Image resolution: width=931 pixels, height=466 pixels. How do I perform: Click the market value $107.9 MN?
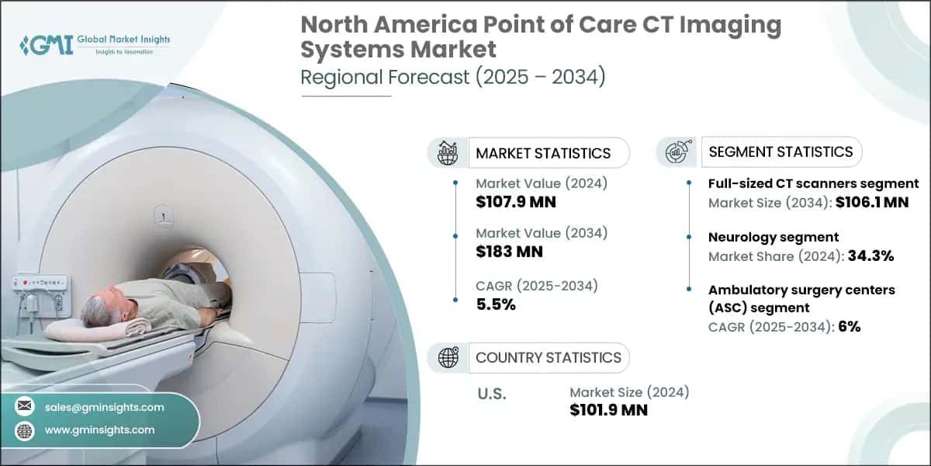(516, 203)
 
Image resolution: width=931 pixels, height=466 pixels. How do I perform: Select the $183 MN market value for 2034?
(509, 251)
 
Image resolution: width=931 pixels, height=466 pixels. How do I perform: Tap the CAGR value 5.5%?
(496, 304)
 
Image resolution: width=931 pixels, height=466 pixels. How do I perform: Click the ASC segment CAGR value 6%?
(849, 327)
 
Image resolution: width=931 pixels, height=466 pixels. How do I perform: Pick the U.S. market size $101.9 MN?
(608, 410)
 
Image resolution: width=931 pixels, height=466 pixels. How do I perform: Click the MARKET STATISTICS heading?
(543, 153)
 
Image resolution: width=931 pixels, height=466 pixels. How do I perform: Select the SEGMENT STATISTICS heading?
(780, 151)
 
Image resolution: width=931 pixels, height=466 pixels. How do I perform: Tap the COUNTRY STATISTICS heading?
(548, 357)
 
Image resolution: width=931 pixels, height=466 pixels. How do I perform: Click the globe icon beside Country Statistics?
(448, 357)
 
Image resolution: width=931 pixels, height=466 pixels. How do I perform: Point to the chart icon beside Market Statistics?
(448, 153)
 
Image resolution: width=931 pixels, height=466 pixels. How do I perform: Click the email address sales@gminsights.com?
(105, 407)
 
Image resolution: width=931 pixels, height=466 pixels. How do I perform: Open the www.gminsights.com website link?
(99, 429)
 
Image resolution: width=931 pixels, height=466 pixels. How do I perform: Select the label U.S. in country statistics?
(491, 394)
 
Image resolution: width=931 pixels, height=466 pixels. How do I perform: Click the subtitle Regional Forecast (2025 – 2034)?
(453, 78)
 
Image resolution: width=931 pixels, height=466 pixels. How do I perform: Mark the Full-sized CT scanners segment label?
(813, 184)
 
